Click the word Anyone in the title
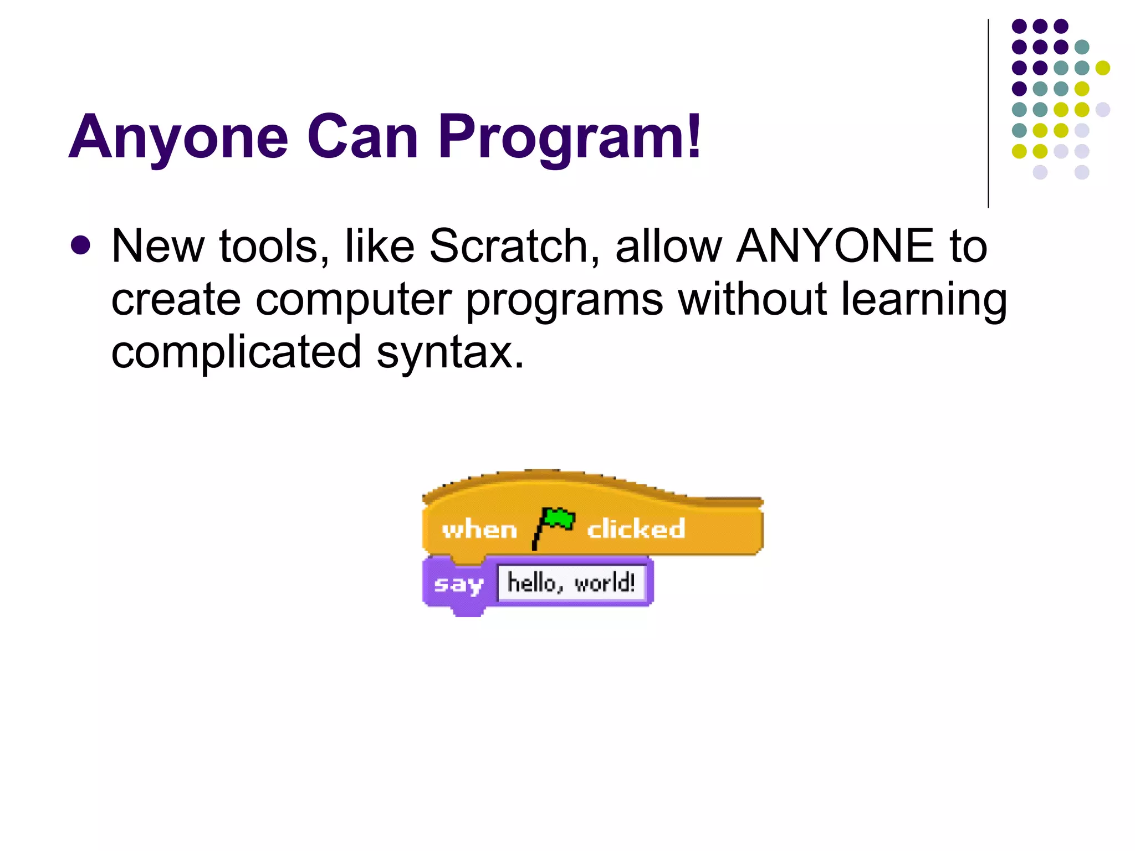point(178,137)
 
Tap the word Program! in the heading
point(570,137)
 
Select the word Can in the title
point(363,137)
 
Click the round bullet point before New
point(81,246)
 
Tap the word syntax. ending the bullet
point(450,352)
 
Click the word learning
point(924,299)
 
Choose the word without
point(753,299)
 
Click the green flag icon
point(554,526)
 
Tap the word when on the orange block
point(479,530)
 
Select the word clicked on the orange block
point(636,529)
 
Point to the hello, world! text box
point(571,583)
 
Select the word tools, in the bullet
point(274,246)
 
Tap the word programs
point(564,299)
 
